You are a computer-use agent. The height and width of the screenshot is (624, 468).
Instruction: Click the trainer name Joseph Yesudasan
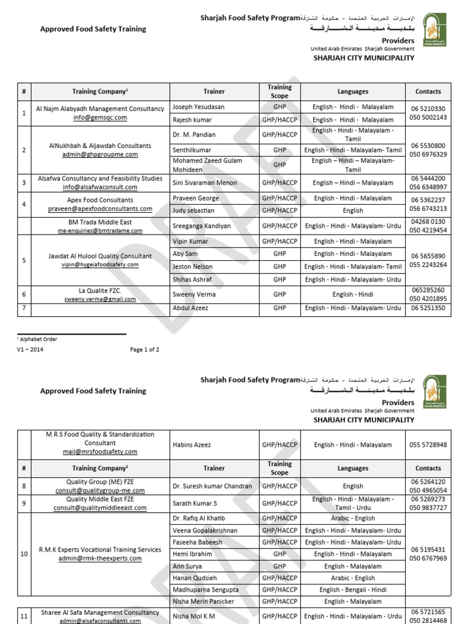199,107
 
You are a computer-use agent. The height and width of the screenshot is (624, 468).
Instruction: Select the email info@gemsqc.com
100,118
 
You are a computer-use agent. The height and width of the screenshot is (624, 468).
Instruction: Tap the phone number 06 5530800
428,146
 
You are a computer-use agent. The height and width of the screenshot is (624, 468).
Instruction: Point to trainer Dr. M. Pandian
195,135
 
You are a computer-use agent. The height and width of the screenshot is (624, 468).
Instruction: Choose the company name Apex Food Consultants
100,200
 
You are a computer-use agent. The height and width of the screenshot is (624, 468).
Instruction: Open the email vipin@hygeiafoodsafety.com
100,265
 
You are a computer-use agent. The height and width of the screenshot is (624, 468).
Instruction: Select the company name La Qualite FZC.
100,291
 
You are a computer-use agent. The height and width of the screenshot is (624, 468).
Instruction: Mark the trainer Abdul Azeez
191,308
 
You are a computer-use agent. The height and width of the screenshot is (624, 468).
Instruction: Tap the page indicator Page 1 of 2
144,350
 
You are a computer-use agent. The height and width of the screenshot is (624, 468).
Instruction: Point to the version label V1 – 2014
30,350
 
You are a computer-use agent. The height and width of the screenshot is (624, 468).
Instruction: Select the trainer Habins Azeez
193,445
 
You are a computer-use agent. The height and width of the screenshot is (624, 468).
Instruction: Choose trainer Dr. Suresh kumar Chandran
212,486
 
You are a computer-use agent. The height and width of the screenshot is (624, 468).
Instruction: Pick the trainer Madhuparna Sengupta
205,590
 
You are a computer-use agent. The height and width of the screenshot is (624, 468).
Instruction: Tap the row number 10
24,555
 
